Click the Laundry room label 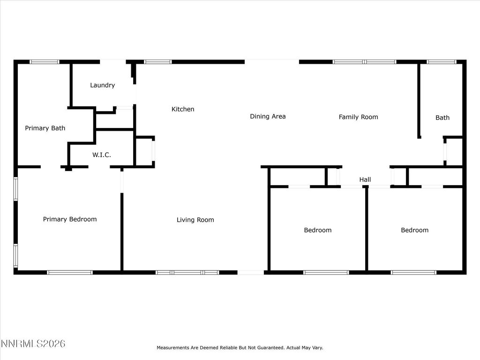tap(102, 85)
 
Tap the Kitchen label tap(183, 109)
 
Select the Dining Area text tap(268, 116)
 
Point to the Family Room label tap(358, 117)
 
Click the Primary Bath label tap(45, 128)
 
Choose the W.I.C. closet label tap(102, 155)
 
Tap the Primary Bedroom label tap(70, 219)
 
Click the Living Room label tap(195, 220)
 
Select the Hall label tap(365, 180)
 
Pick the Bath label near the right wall tap(442, 118)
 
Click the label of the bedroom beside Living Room tap(317, 230)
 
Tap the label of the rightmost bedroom tap(414, 230)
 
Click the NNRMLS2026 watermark tap(33, 344)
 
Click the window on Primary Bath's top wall tap(45, 61)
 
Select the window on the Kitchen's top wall tap(158, 61)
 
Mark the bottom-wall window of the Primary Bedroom tap(70, 272)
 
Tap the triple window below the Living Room tap(187, 272)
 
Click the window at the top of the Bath tap(441, 61)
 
